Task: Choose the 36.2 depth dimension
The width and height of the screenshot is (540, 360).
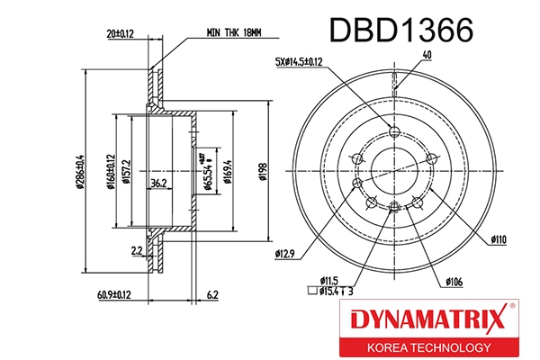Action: [158, 184]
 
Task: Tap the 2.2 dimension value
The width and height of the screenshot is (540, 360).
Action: [136, 250]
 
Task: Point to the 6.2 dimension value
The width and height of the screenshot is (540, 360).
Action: [212, 293]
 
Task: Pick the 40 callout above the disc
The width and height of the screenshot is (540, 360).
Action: [427, 55]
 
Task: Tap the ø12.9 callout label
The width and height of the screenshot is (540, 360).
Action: [286, 255]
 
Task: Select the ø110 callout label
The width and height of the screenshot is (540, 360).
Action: [500, 240]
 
